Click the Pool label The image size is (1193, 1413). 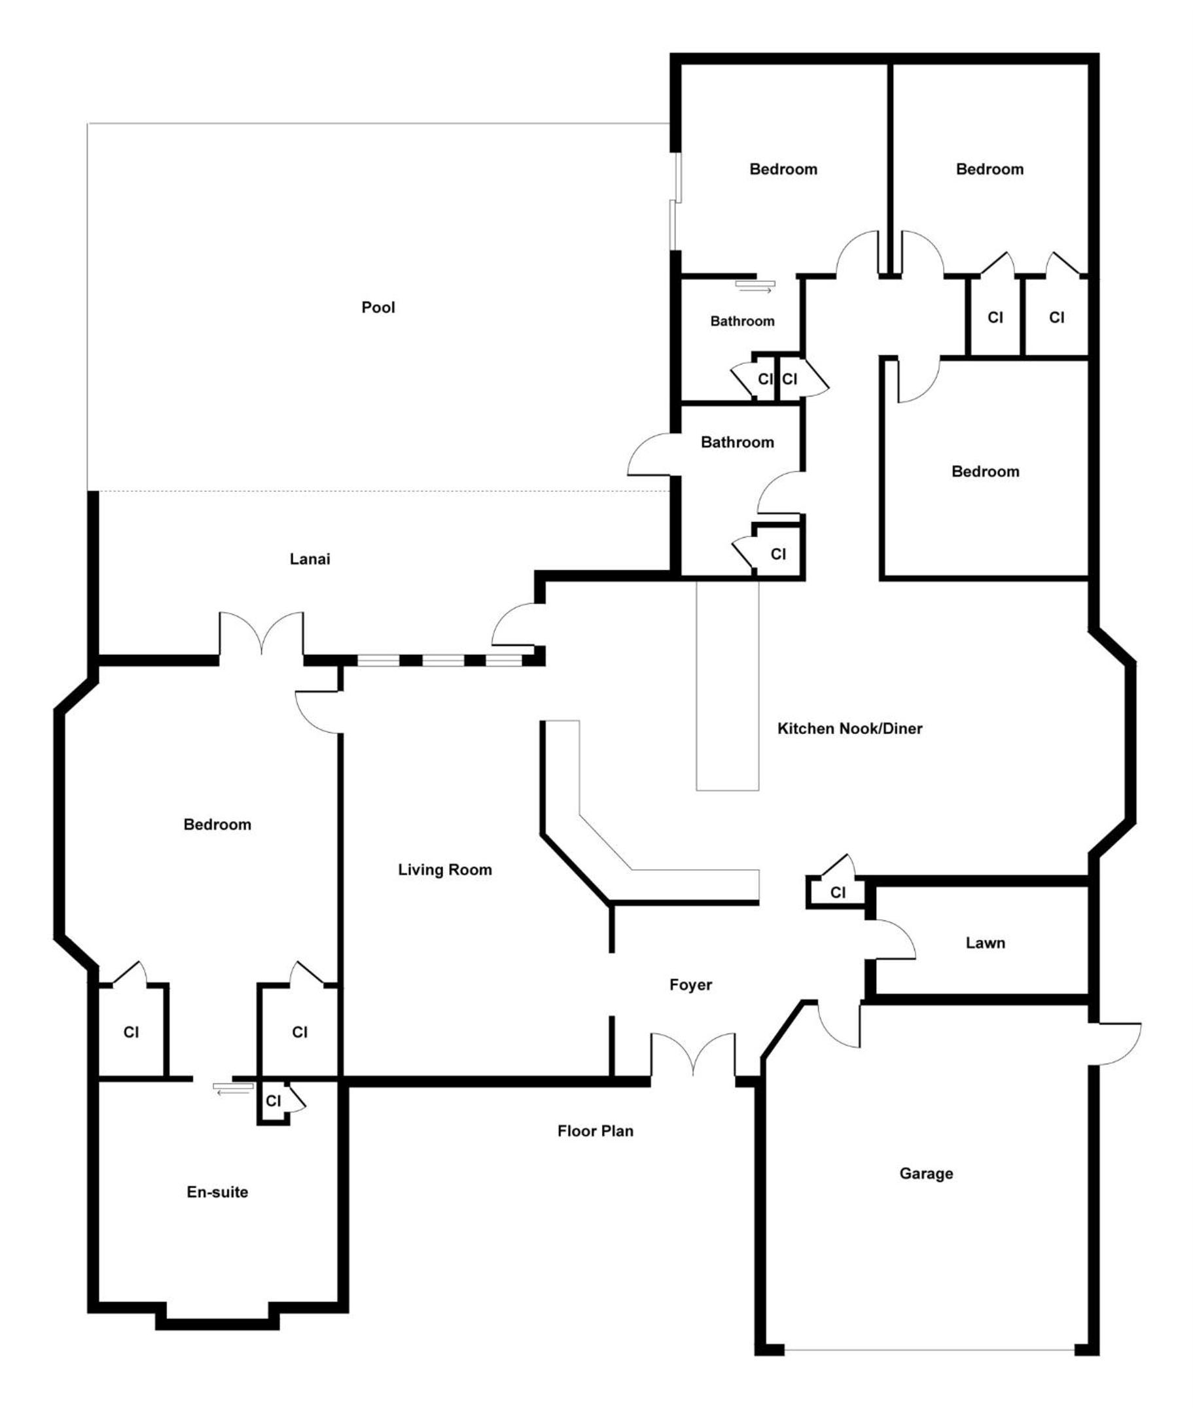click(378, 307)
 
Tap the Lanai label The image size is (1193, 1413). click(310, 559)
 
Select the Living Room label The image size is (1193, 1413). click(445, 870)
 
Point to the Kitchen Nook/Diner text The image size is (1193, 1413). click(849, 729)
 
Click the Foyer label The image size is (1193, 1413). click(690, 985)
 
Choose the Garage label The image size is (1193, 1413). click(926, 1174)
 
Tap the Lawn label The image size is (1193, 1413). click(986, 943)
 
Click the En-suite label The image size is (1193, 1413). click(217, 1192)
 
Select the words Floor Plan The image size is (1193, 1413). click(595, 1131)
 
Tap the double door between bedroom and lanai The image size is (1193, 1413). click(261, 632)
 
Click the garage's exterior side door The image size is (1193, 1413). click(1117, 1045)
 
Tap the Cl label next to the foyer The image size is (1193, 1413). click(838, 892)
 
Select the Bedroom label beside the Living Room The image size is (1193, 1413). click(217, 824)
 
